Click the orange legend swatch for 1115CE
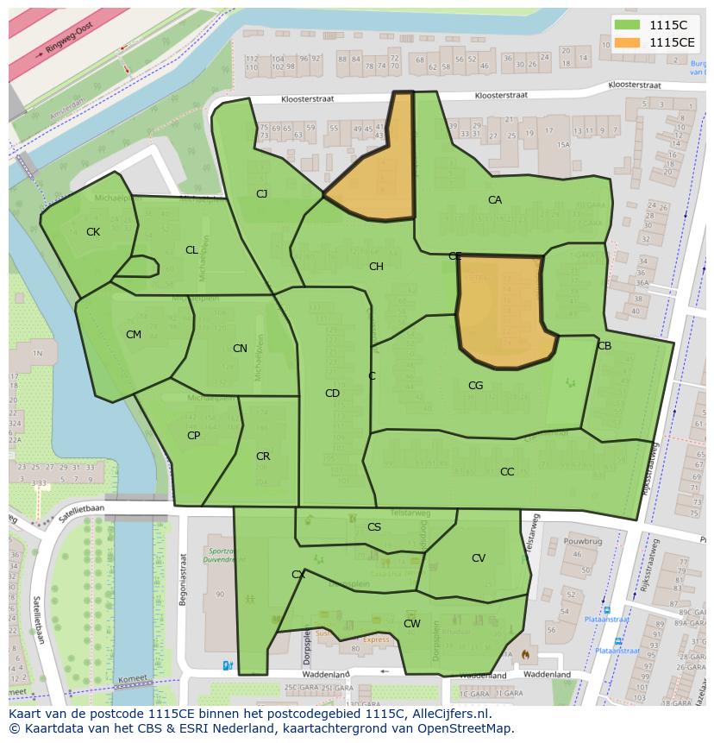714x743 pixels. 629,41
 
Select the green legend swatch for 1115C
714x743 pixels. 629,25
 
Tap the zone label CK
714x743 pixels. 93,232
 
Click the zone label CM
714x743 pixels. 134,335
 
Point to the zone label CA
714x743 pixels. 495,200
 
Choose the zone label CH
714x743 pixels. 376,267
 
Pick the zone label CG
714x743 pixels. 475,386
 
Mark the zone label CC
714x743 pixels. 507,472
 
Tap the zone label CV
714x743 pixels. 479,558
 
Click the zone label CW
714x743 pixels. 412,624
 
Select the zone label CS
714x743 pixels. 374,527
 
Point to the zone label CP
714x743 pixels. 193,436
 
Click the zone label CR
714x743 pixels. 263,457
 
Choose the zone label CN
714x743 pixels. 240,349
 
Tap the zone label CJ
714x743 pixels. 261,194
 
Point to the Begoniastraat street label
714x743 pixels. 183,579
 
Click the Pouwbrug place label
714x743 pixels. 582,540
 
